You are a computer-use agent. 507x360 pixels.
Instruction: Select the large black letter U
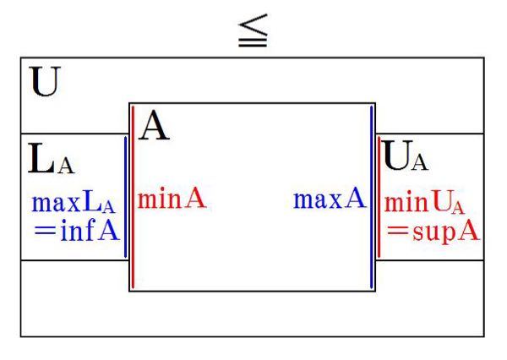pyautogui.click(x=41, y=85)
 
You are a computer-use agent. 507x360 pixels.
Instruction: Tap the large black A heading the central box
pyautogui.click(x=152, y=127)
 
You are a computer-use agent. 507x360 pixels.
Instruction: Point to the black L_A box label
pyautogui.click(x=51, y=158)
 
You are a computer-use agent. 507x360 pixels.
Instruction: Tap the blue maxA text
pyautogui.click(x=329, y=200)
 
